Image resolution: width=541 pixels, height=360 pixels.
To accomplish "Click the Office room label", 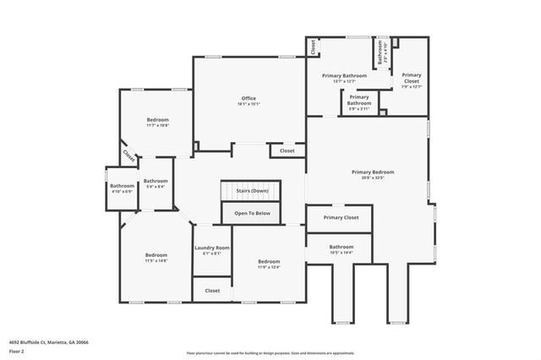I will (249, 99).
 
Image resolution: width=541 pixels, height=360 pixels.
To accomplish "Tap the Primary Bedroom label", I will (373, 172).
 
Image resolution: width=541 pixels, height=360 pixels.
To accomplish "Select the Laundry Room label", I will (211, 248).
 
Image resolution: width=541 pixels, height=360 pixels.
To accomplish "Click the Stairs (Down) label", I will (252, 191).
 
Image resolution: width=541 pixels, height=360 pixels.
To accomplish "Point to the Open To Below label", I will (252, 213).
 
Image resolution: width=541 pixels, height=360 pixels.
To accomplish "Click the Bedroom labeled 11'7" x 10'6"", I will (157, 119).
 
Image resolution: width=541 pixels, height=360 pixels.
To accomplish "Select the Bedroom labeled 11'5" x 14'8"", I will (156, 255).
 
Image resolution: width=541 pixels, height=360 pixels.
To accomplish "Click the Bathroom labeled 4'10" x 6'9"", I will (122, 186).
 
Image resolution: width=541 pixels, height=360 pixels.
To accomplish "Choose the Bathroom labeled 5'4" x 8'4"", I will (156, 181).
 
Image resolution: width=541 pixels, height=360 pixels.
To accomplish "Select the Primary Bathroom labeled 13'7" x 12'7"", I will (344, 76).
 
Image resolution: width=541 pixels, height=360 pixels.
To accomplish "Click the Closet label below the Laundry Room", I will (212, 290).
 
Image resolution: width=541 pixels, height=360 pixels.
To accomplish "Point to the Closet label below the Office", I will (287, 151).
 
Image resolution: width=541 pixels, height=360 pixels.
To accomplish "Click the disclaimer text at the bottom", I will (270, 352).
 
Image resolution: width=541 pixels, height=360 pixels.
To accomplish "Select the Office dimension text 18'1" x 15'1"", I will (249, 104).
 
